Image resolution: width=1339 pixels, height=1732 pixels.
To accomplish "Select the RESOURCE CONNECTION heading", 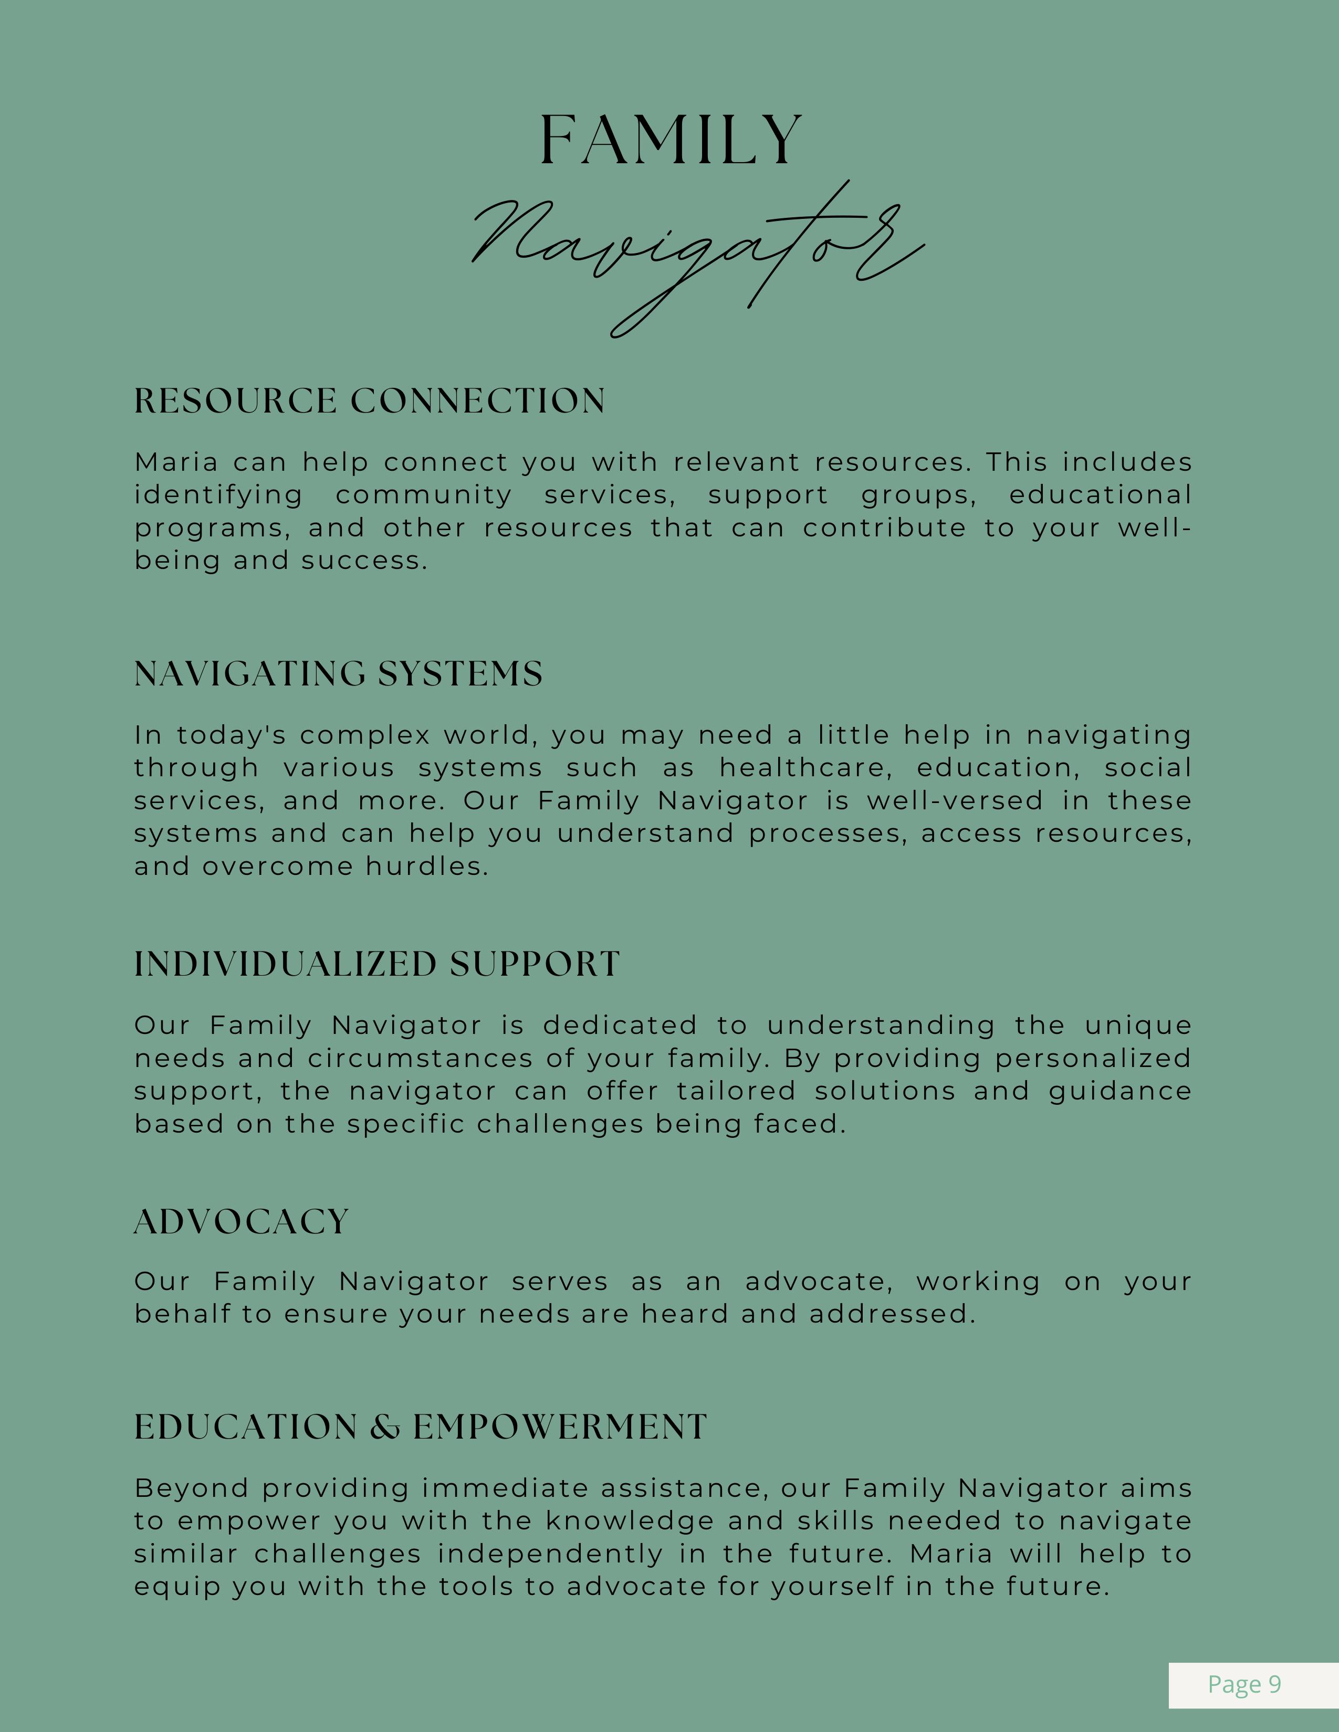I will click(370, 402).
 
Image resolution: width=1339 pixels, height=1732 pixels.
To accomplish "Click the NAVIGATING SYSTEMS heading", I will click(338, 674).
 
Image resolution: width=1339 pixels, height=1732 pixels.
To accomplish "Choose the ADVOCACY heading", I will click(241, 1222).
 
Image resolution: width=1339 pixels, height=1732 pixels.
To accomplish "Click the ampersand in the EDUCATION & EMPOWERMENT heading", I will click(385, 1428).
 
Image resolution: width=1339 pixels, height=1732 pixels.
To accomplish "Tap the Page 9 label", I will click(1244, 1684).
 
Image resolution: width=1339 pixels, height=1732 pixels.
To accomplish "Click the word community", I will click(424, 495).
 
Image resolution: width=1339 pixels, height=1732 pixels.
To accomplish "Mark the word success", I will click(364, 561).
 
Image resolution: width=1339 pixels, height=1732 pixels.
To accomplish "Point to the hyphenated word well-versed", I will click(954, 801).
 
